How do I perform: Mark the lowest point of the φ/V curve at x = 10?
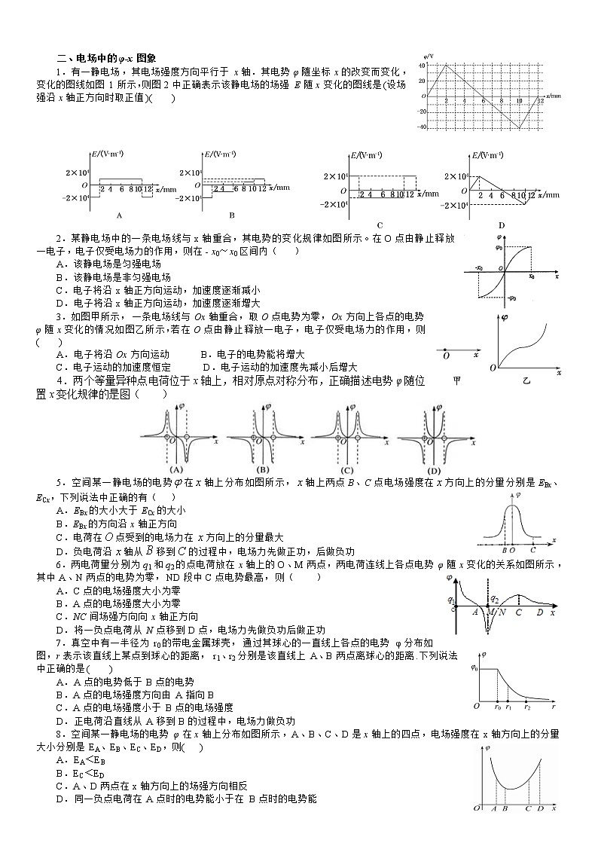pyautogui.click(x=520, y=128)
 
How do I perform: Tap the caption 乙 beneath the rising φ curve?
pyautogui.click(x=526, y=381)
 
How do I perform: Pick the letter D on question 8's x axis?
pyautogui.click(x=541, y=809)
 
